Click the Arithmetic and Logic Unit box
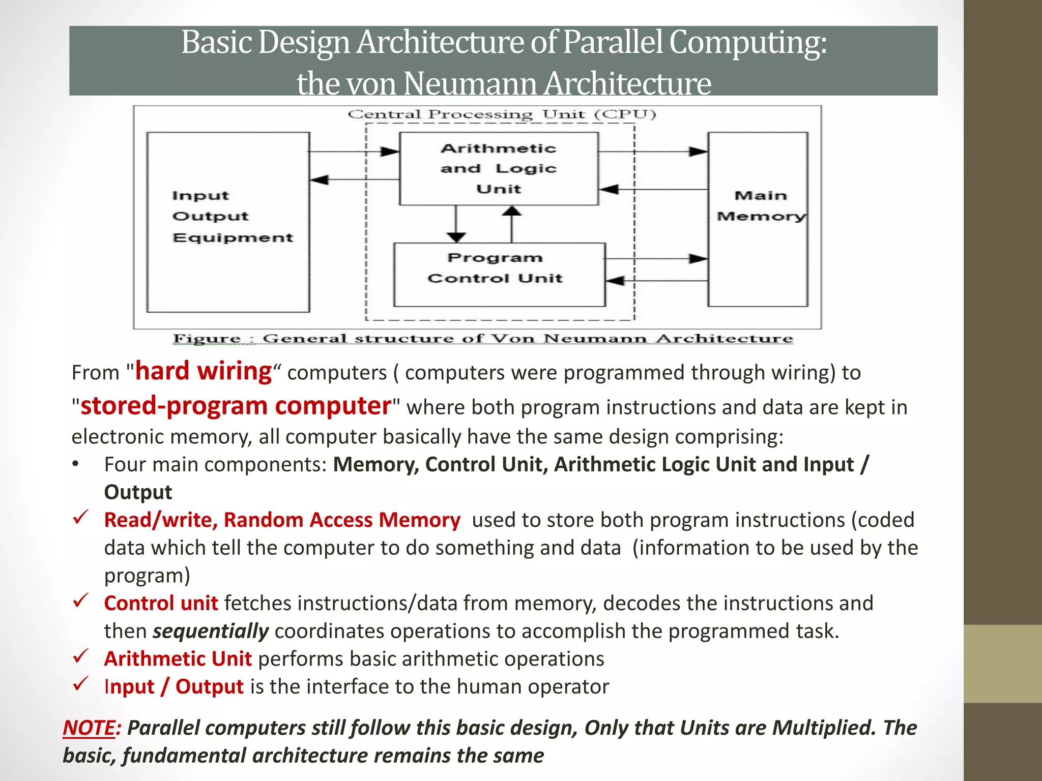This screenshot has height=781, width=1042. point(499,169)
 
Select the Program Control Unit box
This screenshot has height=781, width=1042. point(499,275)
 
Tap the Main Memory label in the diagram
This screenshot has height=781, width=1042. point(761,206)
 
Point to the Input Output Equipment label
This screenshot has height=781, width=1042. point(231,217)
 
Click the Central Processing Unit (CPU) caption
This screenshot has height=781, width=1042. point(502,114)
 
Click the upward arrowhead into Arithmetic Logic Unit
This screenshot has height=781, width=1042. point(512,211)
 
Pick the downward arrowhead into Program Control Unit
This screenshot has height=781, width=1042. point(456,237)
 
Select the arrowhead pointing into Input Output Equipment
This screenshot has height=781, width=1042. point(320,179)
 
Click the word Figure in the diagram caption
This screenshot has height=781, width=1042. point(207,339)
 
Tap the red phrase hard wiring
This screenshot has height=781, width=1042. point(204,371)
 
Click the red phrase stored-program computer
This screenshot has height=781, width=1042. point(236,406)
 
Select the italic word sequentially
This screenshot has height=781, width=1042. point(211,631)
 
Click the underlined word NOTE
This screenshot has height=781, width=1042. point(89,728)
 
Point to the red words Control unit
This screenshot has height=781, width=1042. point(161,603)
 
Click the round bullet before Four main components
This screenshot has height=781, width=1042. point(76,464)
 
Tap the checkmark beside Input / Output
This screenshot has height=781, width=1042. point(81,684)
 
